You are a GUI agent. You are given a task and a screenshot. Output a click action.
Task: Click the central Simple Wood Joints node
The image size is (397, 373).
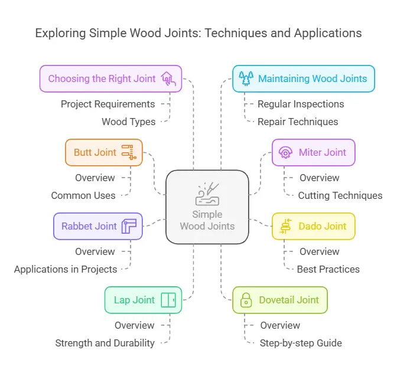click(207, 207)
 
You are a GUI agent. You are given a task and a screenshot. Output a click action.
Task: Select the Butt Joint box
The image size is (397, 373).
click(103, 152)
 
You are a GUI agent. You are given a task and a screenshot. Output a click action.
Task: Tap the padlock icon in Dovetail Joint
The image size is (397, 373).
click(245, 300)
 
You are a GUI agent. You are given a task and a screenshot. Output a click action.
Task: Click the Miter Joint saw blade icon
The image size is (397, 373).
click(285, 152)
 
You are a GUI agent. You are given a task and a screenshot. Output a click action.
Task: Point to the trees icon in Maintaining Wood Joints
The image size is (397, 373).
click(245, 78)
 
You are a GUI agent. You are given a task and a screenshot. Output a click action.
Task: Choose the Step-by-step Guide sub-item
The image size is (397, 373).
click(301, 343)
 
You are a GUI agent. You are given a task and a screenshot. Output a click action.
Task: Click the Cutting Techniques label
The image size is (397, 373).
click(340, 195)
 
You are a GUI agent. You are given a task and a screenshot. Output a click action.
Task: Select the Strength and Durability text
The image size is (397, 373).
click(105, 343)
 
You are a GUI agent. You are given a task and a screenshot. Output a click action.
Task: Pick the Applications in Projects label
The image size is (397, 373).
click(65, 269)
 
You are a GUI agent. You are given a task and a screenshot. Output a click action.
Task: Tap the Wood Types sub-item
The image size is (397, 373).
click(128, 122)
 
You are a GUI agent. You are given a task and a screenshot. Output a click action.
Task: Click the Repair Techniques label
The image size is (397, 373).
click(298, 122)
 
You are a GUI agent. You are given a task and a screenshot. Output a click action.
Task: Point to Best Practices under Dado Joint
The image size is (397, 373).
click(328, 269)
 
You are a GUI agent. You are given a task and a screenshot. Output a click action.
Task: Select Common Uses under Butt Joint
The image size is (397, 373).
click(83, 195)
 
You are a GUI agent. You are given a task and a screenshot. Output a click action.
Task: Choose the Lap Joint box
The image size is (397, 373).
click(143, 300)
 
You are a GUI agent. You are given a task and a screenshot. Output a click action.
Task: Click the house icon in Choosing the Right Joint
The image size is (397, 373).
click(167, 78)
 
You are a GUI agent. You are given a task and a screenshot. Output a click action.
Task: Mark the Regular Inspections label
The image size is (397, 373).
click(301, 104)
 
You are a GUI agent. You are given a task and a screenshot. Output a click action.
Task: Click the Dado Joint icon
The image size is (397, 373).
click(285, 226)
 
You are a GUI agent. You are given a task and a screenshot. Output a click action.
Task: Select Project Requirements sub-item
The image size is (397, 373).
click(108, 104)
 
